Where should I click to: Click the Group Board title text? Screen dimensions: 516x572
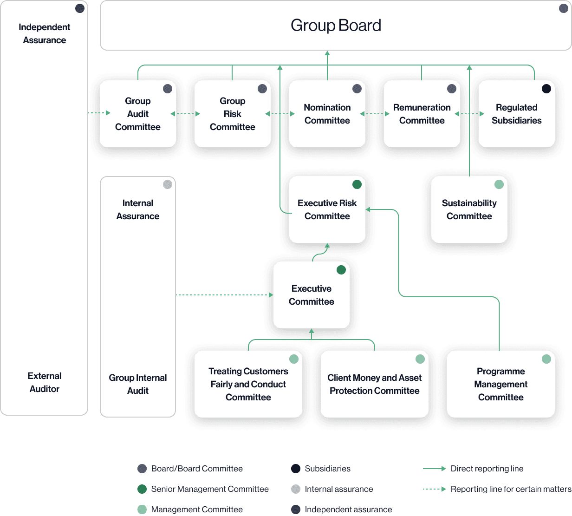tap(336, 26)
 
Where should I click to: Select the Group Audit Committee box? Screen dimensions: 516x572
tap(138, 114)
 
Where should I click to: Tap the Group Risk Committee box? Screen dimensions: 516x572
tap(233, 114)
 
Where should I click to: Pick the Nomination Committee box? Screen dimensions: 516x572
tap(327, 114)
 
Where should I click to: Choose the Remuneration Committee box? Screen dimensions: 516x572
tap(422, 114)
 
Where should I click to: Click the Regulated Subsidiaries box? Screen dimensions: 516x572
tap(517, 114)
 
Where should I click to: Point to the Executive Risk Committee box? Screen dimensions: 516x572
tap(327, 210)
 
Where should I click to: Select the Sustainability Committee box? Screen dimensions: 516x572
tap(469, 210)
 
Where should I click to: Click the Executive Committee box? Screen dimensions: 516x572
tap(312, 295)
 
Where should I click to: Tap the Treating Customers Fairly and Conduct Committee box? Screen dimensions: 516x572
tap(248, 384)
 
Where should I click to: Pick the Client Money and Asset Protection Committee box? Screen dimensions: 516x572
tap(375, 384)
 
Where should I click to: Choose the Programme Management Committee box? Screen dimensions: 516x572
tap(501, 384)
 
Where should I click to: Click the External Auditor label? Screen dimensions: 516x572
tap(45, 382)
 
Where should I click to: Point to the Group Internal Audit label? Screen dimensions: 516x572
tap(138, 384)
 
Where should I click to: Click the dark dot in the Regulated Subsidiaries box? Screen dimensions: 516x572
tap(546, 89)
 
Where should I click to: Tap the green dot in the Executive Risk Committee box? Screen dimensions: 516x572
tap(357, 184)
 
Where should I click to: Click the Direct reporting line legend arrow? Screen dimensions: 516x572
tap(435, 469)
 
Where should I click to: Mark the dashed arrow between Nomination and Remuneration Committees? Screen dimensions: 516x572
tap(375, 114)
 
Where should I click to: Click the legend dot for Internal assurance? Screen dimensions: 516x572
tap(296, 489)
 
